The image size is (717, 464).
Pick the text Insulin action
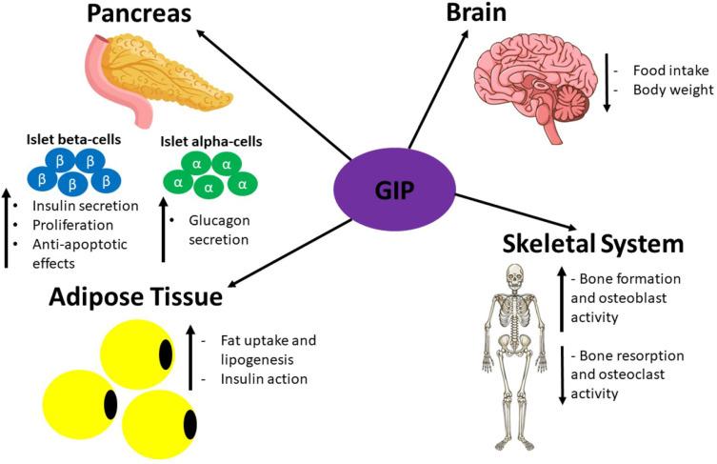pyautogui.click(x=257, y=379)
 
